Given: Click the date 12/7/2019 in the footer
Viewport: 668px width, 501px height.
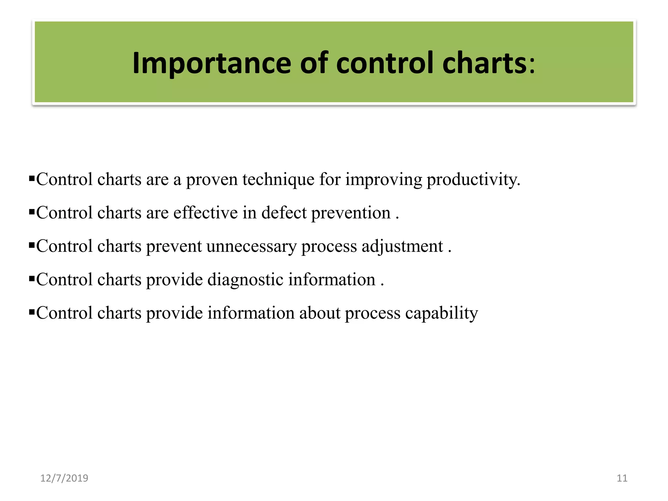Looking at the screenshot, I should point(64,478).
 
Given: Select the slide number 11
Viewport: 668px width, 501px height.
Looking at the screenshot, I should point(622,478).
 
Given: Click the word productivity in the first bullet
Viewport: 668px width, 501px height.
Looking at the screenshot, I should point(473,180).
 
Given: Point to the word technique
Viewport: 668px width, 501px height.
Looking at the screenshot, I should point(278,180).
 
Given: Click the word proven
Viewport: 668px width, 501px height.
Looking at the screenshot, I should point(212,180).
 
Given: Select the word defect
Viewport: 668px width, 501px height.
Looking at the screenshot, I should point(284,213).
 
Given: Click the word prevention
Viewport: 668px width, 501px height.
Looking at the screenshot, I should point(351,213).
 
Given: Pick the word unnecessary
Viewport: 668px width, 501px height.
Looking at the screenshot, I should point(251,246).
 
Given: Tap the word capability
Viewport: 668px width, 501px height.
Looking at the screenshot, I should point(441,313).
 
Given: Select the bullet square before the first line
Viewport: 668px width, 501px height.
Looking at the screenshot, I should point(32,178).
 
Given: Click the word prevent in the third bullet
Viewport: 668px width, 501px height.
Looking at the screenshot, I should point(174,246).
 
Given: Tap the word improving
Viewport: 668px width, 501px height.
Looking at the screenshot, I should point(384,180).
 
